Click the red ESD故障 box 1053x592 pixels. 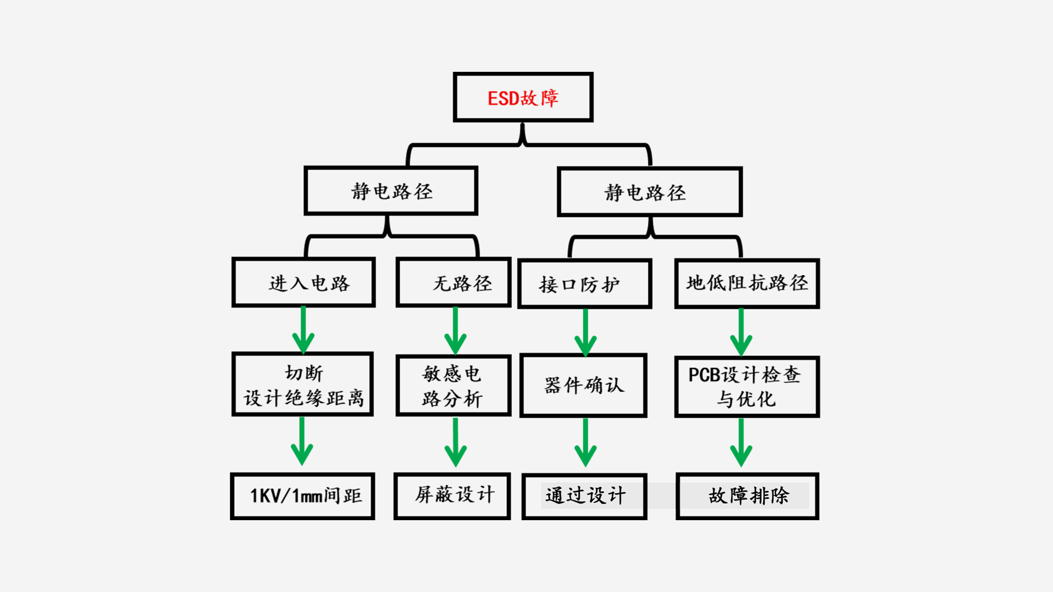coord(523,97)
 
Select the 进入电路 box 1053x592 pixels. coord(303,282)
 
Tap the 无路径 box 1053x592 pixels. coord(454,282)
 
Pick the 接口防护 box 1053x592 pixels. coord(585,283)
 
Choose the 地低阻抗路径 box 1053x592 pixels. coord(747,283)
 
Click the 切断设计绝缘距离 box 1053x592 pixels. coord(303,384)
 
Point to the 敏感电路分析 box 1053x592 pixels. coord(454,385)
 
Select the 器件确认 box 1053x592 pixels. coord(584,385)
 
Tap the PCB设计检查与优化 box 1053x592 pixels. coord(747,386)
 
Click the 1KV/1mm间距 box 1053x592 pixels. coord(303,496)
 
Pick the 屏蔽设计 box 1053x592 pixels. coord(452,496)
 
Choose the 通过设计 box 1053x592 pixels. coord(585,496)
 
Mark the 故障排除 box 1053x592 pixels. coord(748,496)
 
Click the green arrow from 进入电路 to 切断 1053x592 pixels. coord(303,330)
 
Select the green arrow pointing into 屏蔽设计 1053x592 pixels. coord(455,443)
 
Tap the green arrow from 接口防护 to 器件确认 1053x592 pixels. coord(585,332)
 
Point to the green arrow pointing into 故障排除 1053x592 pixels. coord(741,443)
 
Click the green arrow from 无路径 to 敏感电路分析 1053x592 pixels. coord(455,331)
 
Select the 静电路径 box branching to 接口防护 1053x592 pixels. coord(650,192)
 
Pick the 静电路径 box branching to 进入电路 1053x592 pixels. coord(391,191)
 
